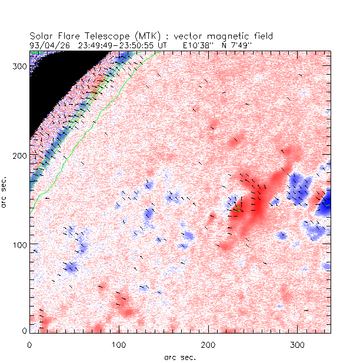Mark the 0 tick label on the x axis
(x=29, y=343)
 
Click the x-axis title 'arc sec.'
(x=179, y=356)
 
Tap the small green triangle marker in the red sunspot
(x=238, y=208)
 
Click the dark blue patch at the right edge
(x=325, y=204)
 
